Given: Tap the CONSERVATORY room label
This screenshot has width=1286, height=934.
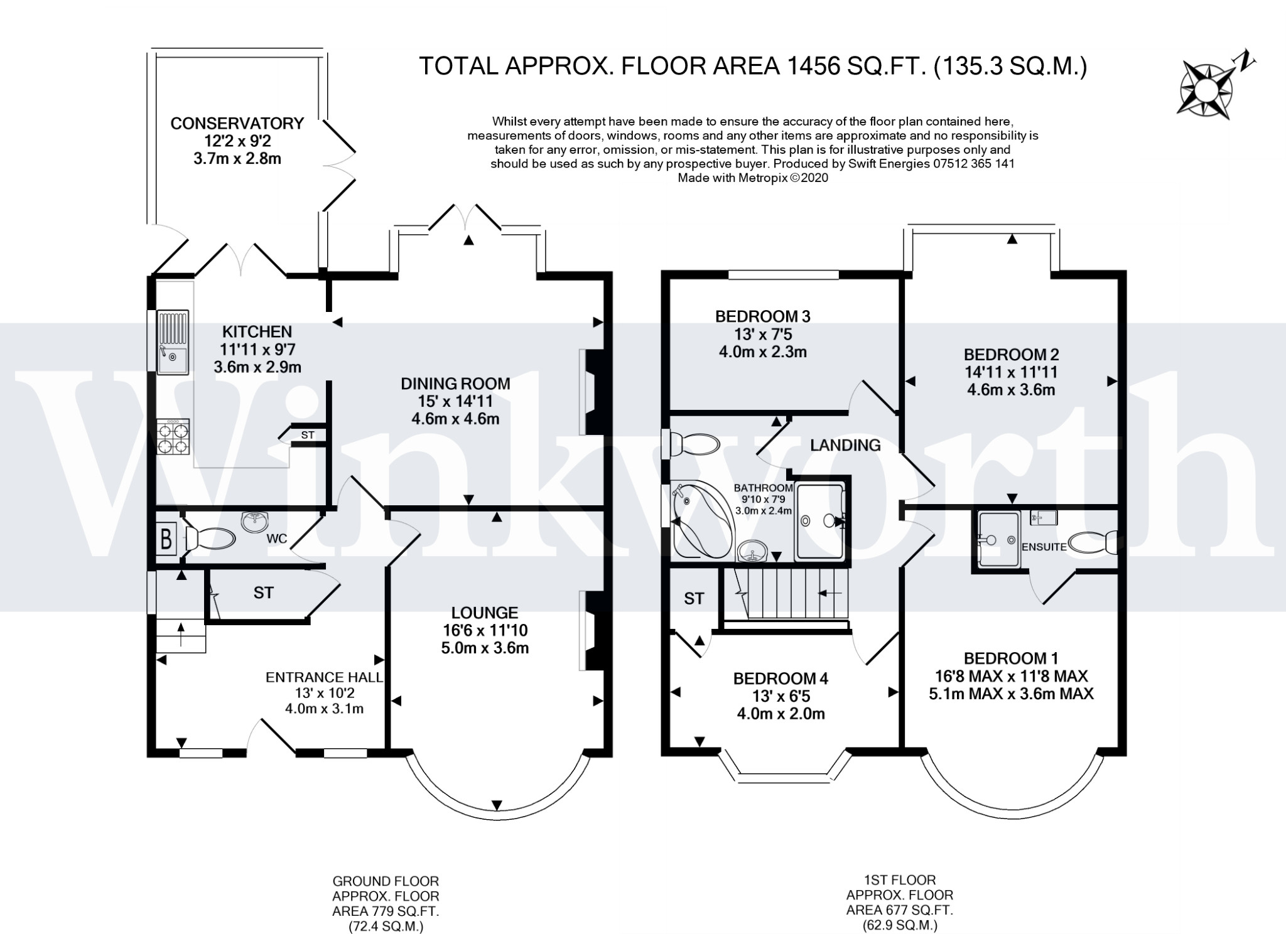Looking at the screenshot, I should click(x=237, y=123).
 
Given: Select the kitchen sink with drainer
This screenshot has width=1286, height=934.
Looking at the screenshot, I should click(x=173, y=342).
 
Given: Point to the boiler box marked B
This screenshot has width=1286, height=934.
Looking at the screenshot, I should click(x=166, y=539).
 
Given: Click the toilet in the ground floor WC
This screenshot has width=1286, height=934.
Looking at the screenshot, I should click(x=211, y=539).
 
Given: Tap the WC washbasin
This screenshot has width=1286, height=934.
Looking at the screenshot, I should click(x=255, y=521).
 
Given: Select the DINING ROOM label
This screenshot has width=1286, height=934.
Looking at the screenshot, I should click(x=455, y=384).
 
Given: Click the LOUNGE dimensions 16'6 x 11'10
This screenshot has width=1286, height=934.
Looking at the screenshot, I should click(x=484, y=630).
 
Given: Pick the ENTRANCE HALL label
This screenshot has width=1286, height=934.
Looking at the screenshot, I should click(x=324, y=677).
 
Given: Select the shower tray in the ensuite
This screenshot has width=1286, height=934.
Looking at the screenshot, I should click(x=998, y=539).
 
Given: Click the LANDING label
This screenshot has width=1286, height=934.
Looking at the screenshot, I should click(x=845, y=446).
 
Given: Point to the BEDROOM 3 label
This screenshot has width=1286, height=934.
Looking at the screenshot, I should click(x=762, y=316).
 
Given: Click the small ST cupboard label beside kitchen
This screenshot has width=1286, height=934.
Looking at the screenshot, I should click(x=308, y=435).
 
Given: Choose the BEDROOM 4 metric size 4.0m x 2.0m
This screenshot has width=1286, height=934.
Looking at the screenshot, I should click(x=780, y=714).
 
